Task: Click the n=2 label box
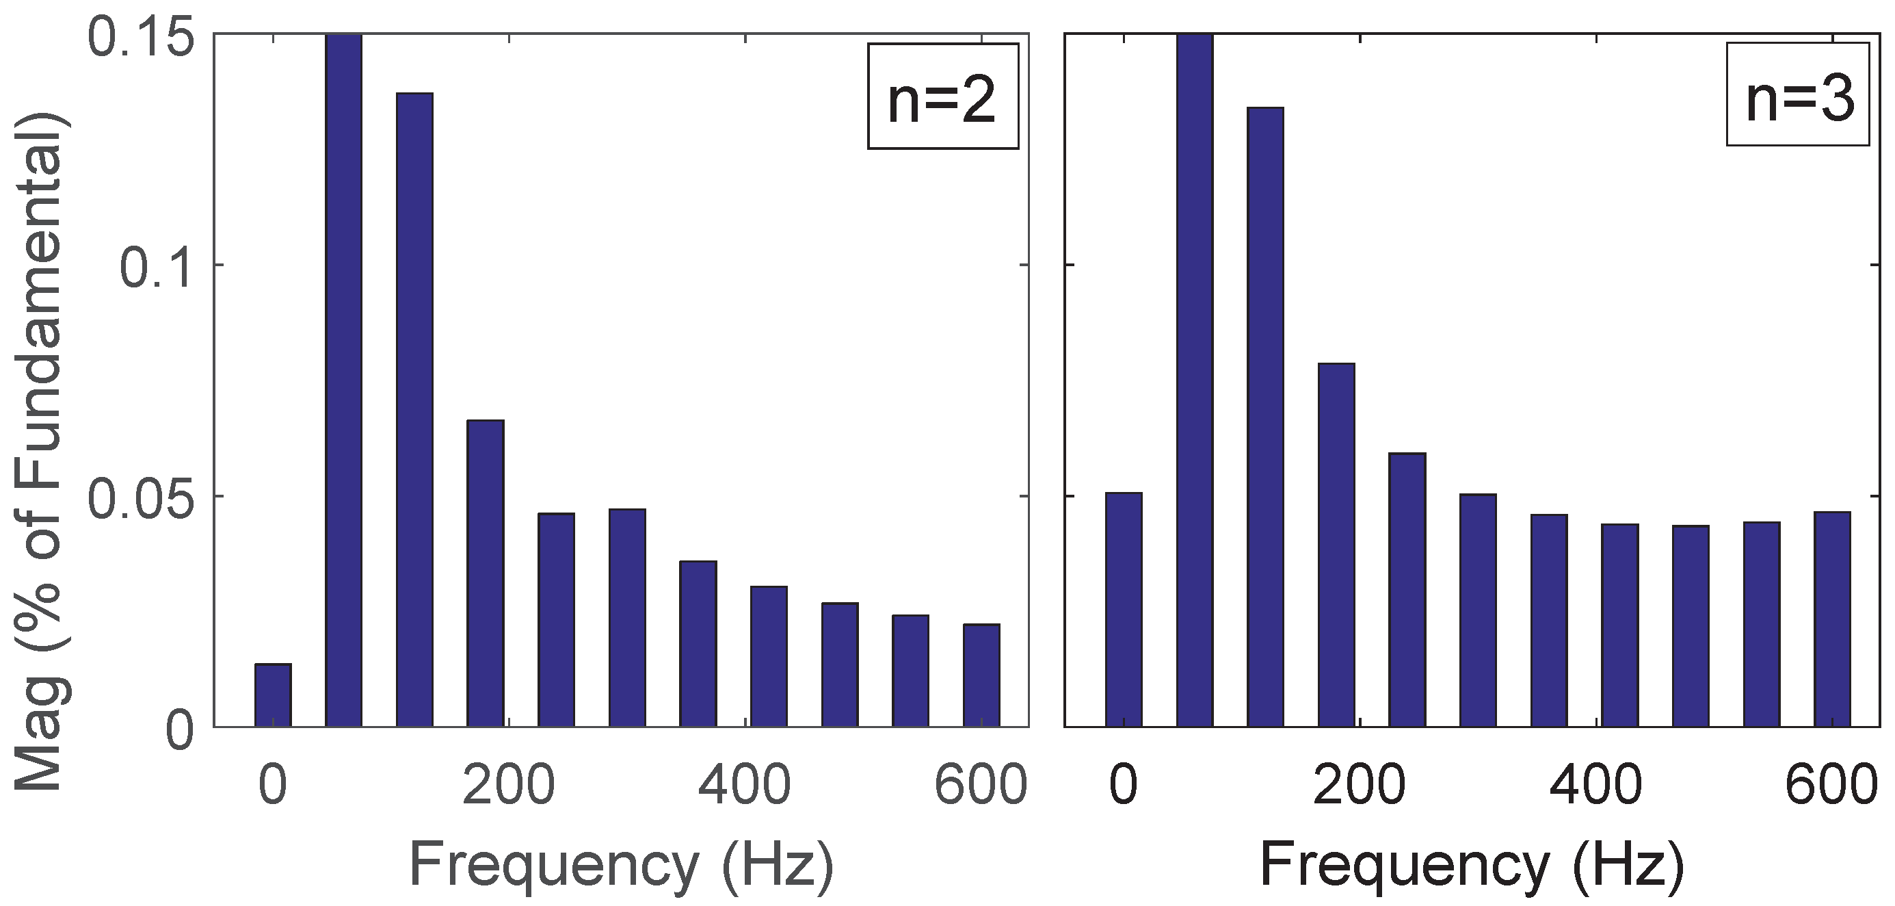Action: [942, 96]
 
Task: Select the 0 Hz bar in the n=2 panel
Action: [273, 695]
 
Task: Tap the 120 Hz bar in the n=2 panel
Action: [415, 409]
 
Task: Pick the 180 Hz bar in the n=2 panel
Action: [486, 573]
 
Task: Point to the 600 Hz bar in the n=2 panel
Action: [981, 675]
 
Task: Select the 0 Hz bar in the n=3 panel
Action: [1124, 610]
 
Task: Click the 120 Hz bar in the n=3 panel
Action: [1265, 417]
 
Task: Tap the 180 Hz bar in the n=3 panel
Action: [1336, 545]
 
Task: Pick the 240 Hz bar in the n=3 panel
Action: [1407, 590]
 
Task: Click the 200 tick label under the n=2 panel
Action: [508, 786]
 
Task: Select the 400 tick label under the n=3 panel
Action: [1595, 786]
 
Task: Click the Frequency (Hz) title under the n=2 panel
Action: [622, 866]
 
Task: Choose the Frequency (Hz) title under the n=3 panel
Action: [1472, 866]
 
